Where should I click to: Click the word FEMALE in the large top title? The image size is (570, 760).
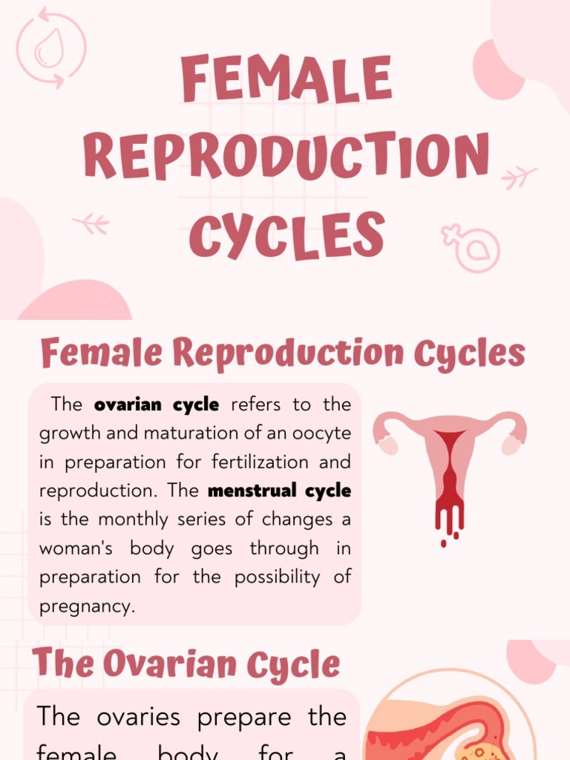[x=286, y=79]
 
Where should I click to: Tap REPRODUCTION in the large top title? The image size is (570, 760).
[x=286, y=157]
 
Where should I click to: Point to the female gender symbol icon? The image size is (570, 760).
[x=471, y=247]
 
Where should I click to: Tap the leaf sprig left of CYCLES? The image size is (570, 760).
[x=91, y=223]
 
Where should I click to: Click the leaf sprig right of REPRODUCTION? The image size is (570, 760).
[x=519, y=177]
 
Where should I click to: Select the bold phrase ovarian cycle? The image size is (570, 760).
[x=157, y=404]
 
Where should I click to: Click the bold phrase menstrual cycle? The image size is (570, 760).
[x=280, y=491]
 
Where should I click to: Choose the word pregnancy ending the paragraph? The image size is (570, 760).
[x=85, y=606]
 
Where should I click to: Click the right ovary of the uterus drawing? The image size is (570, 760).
[x=511, y=445]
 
